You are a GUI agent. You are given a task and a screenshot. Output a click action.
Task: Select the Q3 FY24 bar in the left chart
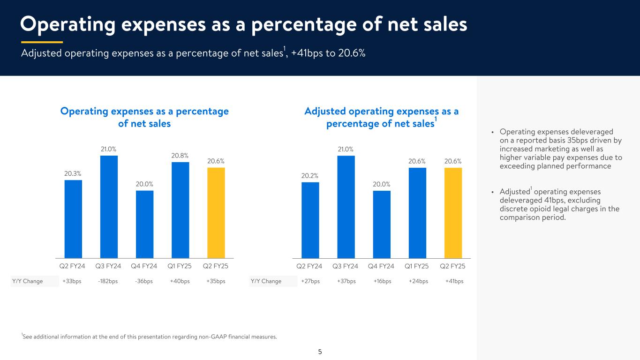click(109, 206)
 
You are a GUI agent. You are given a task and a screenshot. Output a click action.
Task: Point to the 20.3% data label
click(73, 173)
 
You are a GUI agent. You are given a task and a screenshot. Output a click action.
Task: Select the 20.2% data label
click(310, 175)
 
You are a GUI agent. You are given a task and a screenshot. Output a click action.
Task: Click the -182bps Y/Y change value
click(108, 281)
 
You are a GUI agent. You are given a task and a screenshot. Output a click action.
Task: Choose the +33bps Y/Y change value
click(72, 281)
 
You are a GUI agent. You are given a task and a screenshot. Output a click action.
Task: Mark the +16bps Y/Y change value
click(382, 281)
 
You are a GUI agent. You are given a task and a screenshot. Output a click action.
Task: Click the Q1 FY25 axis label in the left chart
click(180, 266)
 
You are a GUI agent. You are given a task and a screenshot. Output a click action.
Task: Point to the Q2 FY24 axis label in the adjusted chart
click(309, 266)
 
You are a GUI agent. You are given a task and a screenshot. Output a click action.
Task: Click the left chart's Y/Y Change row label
click(27, 281)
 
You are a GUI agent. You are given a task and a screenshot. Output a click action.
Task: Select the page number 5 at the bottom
click(320, 352)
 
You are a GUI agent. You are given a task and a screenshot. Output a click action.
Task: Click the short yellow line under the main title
click(42, 42)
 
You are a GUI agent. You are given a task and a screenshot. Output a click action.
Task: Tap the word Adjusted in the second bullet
click(514, 192)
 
